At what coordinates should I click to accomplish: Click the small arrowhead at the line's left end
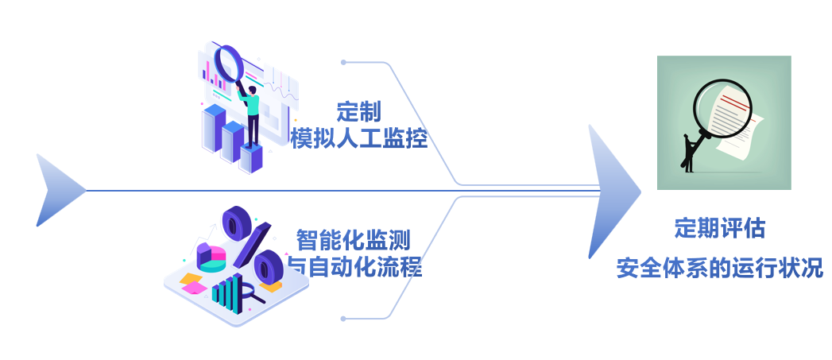57,191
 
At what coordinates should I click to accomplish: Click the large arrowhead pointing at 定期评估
612,192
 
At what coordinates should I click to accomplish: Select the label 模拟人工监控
358,138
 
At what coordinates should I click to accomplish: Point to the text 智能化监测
354,238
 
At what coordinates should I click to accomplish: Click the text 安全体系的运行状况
719,268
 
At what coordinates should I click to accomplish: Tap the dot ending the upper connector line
343,62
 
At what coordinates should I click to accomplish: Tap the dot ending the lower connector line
343,319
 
